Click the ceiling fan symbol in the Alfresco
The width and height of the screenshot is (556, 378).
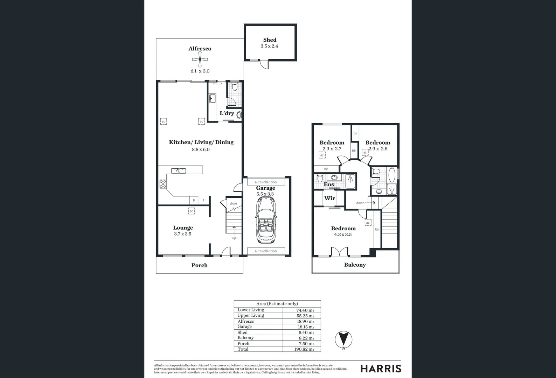pos(200,60)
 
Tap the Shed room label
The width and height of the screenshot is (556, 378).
pos(270,40)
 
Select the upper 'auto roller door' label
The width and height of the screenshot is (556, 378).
pos(266,182)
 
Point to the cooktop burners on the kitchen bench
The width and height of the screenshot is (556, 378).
pos(163,184)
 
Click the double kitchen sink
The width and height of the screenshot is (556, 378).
pos(179,171)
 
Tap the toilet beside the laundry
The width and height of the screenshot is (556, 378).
pos(235,86)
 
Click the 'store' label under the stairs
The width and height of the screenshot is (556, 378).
pos(233,203)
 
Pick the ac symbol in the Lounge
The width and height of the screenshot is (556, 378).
pos(191,211)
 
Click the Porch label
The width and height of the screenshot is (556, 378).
pos(199,265)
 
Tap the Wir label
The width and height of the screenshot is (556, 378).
pos(329,198)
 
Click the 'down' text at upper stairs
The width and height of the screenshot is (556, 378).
pos(360,203)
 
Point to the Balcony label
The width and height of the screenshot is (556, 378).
pos(355,265)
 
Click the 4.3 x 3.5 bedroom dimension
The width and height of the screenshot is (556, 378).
pos(343,234)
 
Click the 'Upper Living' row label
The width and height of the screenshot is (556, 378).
pos(251,315)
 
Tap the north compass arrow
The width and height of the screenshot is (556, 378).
pos(343,339)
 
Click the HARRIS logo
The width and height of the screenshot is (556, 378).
pos(381,369)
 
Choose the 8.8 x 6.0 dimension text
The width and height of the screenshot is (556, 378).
pos(201,149)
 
